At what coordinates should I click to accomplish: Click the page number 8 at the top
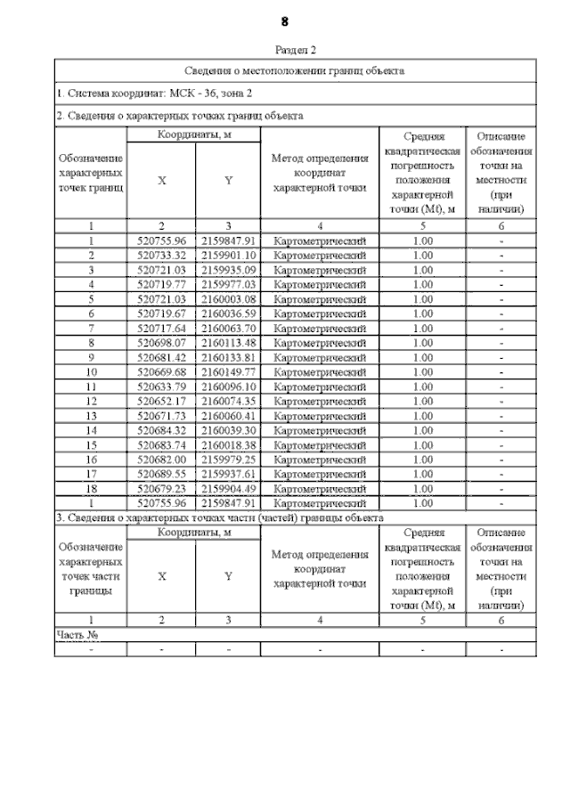tap(285, 20)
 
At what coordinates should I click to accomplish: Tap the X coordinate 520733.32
tap(161, 255)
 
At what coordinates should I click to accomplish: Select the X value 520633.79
tap(161, 386)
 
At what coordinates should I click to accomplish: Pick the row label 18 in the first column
tap(91, 488)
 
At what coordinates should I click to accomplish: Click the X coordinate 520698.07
tap(161, 342)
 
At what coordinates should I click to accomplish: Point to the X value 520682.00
tap(161, 459)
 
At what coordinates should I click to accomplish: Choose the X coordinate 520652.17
tap(161, 401)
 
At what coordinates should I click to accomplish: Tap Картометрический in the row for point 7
tap(319, 328)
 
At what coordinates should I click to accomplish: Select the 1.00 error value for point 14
tap(423, 430)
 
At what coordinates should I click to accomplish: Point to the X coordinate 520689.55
tap(161, 474)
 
